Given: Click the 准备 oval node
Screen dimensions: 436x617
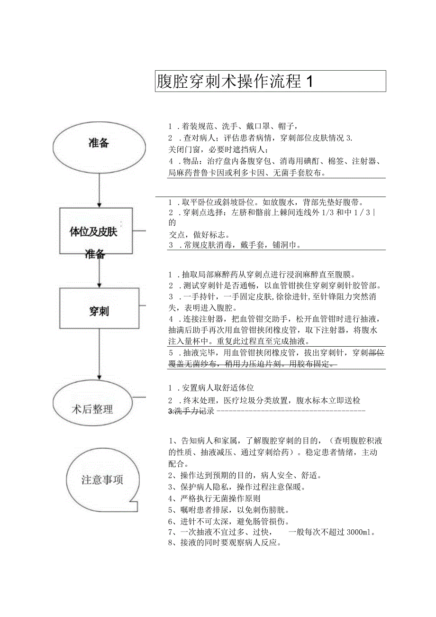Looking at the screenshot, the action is click(x=99, y=143).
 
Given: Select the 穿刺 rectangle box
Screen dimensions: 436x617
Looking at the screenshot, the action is click(x=99, y=311).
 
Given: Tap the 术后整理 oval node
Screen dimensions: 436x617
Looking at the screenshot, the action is click(x=93, y=408).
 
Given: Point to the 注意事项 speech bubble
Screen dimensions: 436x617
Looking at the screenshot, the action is click(x=102, y=480).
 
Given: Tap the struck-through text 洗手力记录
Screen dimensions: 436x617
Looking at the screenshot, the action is click(x=191, y=411).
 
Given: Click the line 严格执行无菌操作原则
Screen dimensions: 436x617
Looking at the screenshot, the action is click(x=214, y=498).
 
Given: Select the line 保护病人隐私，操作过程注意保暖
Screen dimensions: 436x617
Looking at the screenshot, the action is click(x=237, y=487).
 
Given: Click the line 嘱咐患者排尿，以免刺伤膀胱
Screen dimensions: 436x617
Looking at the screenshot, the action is click(x=229, y=510).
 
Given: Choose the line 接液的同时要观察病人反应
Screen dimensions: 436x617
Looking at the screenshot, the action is click(x=225, y=543).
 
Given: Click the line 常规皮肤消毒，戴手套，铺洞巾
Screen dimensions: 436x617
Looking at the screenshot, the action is click(x=235, y=245).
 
